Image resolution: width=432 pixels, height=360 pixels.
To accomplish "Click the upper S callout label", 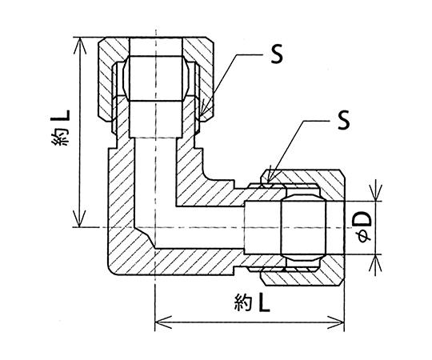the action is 277,54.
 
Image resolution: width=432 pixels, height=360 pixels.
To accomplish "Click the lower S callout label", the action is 343,120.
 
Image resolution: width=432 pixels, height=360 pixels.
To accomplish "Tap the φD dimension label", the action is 364,227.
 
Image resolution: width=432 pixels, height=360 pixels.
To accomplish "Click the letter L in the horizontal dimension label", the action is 264,304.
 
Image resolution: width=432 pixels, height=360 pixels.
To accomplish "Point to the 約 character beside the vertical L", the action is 61,138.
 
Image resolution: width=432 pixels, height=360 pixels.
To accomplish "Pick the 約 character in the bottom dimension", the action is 243,304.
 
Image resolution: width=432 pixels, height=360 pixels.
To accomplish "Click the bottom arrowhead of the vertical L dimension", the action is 80,219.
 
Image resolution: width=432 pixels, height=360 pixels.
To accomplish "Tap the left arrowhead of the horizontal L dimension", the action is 163,322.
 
